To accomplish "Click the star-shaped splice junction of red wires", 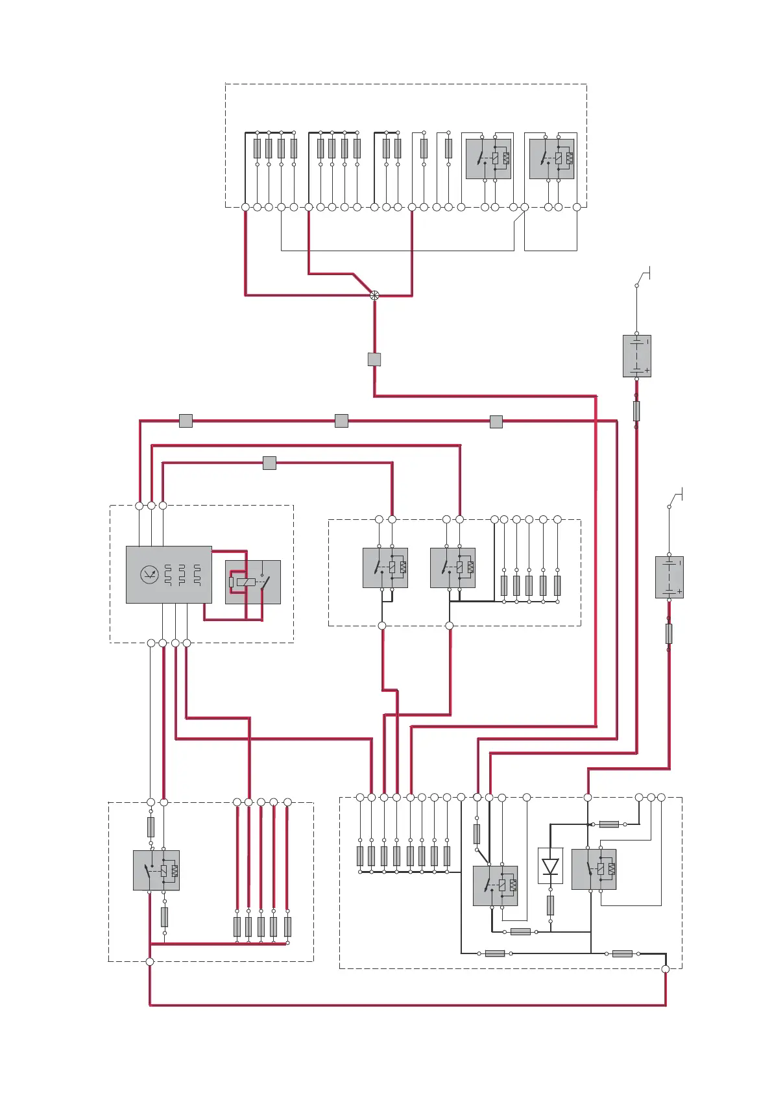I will click(374, 295).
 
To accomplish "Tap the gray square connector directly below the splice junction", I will click(374, 359).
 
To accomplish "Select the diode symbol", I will click(550, 866).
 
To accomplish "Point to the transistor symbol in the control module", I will click(150, 574).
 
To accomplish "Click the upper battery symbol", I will click(636, 356).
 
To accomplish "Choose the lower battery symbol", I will click(669, 577).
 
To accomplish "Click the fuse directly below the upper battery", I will click(636, 410).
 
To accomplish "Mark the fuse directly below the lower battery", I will click(669, 633).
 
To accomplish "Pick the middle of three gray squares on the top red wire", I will click(341, 421).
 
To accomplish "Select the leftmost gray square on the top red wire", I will click(186, 421).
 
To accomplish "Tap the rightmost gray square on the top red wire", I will click(496, 422).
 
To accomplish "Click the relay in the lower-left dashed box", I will click(156, 870).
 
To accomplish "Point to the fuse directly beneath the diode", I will click(550, 905).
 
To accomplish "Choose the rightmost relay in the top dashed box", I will click(552, 159).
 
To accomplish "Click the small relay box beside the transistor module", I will click(253, 582).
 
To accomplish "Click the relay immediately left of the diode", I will click(496, 886).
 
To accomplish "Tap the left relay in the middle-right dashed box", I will click(385, 568).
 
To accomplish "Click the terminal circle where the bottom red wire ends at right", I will click(665, 969).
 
